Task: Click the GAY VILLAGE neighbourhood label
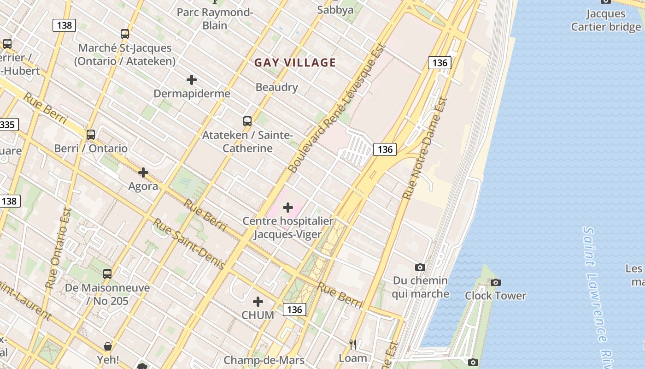[x=295, y=63]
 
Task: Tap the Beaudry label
[x=276, y=87]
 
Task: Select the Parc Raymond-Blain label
[x=215, y=18]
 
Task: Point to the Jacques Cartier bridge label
[x=606, y=20]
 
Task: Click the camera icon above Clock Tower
[x=496, y=282]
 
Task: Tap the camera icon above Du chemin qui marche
[x=420, y=267]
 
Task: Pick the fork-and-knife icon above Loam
[x=353, y=344]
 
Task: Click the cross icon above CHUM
[x=258, y=302]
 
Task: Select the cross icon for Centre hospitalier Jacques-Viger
[x=288, y=208]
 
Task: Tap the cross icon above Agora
[x=143, y=173]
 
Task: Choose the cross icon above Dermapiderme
[x=192, y=80]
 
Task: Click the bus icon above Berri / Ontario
[x=91, y=135]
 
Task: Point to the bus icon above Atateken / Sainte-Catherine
[x=247, y=121]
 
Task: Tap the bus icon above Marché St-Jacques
[x=125, y=34]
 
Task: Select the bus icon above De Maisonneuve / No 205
[x=107, y=274]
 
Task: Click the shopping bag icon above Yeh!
[x=108, y=346]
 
